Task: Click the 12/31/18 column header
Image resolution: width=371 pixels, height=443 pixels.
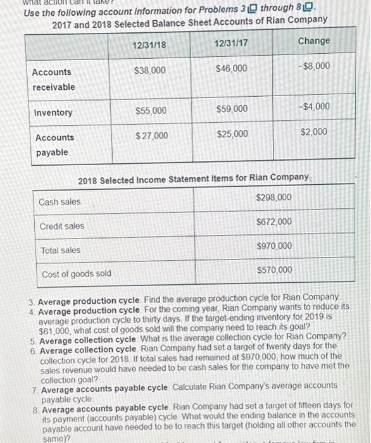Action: pyautogui.click(x=150, y=46)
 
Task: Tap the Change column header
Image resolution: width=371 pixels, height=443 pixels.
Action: pyautogui.click(x=314, y=41)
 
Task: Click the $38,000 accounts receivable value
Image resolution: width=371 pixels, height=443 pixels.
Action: pyautogui.click(x=150, y=70)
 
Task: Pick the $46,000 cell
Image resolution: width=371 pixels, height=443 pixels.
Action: pyautogui.click(x=232, y=68)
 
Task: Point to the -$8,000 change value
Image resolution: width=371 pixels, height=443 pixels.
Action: pyautogui.click(x=314, y=65)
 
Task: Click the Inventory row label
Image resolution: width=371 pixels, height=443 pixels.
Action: pyautogui.click(x=53, y=113)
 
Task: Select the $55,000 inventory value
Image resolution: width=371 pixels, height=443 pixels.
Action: pyautogui.click(x=151, y=111)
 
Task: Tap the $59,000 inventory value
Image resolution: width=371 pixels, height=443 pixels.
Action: pyautogui.click(x=232, y=109)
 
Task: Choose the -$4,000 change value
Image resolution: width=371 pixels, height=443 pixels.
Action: pyautogui.click(x=314, y=106)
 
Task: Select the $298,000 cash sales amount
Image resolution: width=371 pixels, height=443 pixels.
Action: pyautogui.click(x=274, y=197)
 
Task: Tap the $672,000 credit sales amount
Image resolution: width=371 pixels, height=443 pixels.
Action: pyautogui.click(x=274, y=221)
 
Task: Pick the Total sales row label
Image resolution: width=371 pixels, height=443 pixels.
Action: pyautogui.click(x=60, y=250)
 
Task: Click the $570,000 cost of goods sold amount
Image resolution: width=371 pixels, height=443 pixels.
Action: pyautogui.click(x=274, y=270)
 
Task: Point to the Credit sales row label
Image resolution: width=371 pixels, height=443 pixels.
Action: pyautogui.click(x=61, y=226)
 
